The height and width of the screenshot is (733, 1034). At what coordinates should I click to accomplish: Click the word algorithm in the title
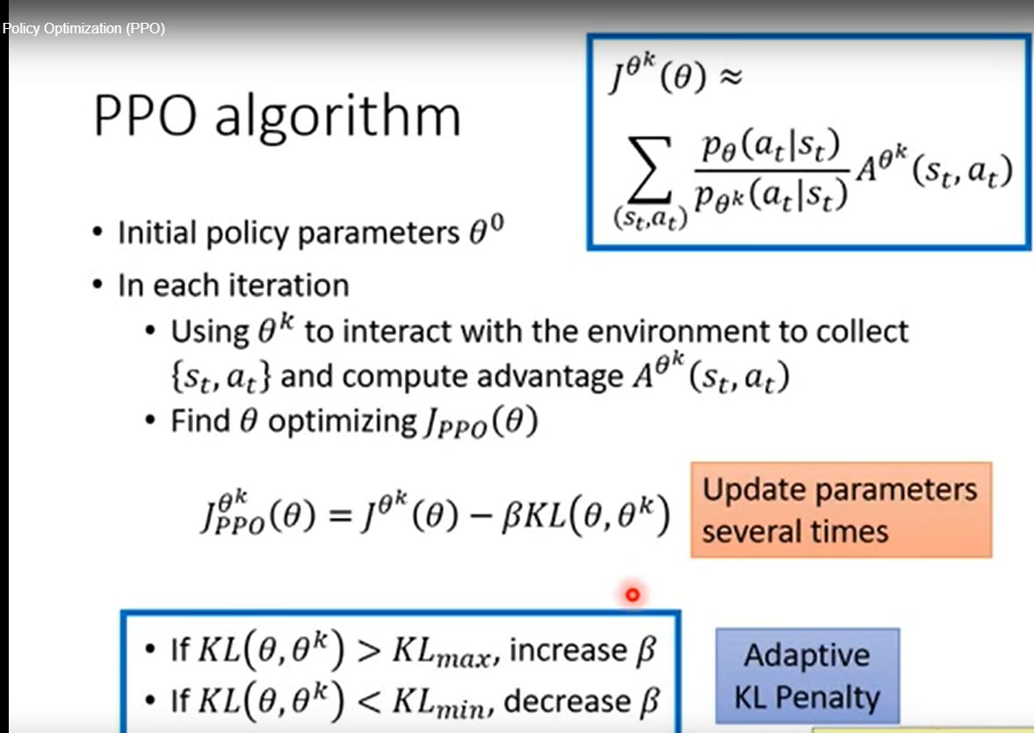(x=337, y=117)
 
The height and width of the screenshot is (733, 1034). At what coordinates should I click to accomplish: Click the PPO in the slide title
(x=145, y=117)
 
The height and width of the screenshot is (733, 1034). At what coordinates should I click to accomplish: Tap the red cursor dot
(x=633, y=595)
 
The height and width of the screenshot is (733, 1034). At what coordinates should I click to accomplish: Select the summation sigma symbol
(x=649, y=169)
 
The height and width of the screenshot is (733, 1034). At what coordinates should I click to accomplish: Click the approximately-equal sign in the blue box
(x=730, y=77)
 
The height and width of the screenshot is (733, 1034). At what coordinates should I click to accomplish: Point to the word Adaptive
(x=806, y=655)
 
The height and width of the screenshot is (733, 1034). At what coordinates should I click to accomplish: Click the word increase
(x=568, y=650)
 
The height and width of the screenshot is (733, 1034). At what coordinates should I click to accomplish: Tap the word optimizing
(x=343, y=422)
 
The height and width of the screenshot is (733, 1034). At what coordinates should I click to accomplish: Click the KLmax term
(x=441, y=652)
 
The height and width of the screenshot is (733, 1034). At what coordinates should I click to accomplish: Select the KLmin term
(x=438, y=702)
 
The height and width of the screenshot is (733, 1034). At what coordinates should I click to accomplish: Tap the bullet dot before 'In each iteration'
(x=98, y=285)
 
